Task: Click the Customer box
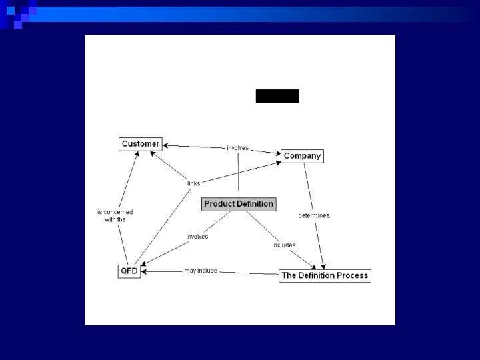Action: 140,143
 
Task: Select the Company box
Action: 302,156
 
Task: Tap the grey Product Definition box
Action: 239,204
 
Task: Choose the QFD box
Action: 129,271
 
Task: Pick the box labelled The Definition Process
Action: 325,275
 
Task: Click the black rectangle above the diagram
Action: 277,96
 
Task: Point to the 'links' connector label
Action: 193,183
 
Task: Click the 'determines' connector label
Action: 313,215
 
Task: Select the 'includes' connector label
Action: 283,245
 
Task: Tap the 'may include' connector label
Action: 201,271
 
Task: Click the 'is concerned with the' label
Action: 115,215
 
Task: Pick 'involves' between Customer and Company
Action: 237,147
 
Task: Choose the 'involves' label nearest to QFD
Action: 197,236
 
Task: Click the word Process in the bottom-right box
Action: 353,275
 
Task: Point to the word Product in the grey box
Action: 219,204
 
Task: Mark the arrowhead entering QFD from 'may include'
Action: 145,271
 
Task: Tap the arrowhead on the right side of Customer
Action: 166,144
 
